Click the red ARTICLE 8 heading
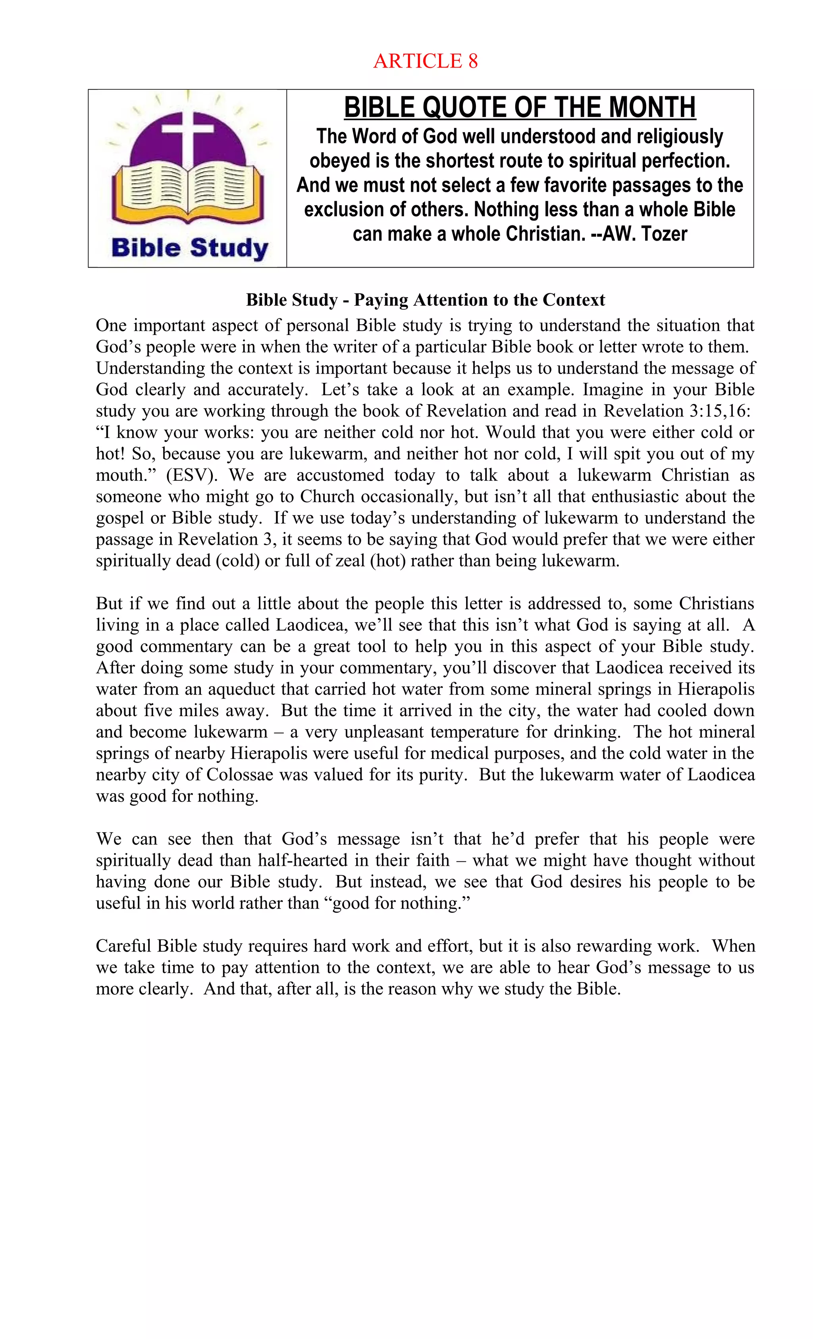(x=425, y=61)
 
